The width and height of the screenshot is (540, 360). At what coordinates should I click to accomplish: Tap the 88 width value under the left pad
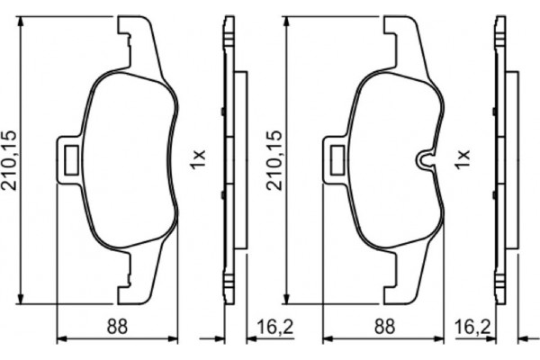click(114, 327)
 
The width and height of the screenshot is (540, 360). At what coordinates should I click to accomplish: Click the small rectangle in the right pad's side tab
click(337, 159)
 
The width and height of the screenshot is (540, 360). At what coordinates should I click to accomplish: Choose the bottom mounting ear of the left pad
click(132, 286)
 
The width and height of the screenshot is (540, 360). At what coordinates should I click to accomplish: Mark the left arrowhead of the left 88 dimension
click(60, 338)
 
